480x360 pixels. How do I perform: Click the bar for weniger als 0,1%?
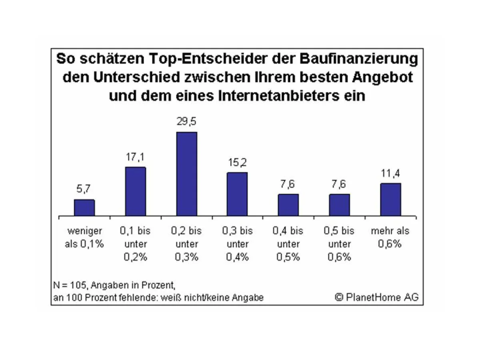click(x=84, y=208)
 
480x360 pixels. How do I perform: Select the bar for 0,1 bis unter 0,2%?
click(x=136, y=191)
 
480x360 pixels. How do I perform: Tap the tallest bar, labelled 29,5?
click(x=187, y=174)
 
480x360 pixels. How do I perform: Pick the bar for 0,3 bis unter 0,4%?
click(x=237, y=194)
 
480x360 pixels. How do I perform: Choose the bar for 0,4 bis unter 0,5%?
click(x=288, y=205)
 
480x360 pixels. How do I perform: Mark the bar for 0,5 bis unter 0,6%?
click(x=339, y=205)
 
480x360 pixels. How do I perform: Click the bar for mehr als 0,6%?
click(x=390, y=200)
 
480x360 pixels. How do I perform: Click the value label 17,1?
click(x=136, y=157)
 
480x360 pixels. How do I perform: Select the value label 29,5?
click(x=187, y=122)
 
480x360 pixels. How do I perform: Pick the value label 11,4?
click(x=390, y=173)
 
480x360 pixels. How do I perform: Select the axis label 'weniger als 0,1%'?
click(x=84, y=237)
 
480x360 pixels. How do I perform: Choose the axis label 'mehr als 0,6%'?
click(x=390, y=237)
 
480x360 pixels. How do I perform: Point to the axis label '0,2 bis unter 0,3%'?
click(x=187, y=244)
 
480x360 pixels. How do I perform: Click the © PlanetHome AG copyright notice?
click(x=376, y=297)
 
